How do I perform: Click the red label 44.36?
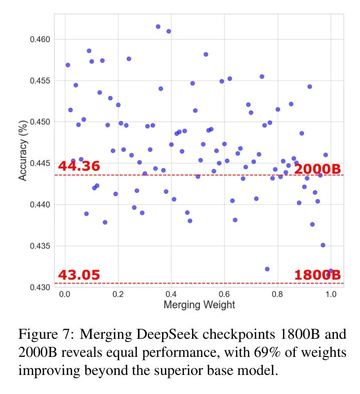click(x=79, y=166)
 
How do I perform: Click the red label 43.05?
click(x=79, y=275)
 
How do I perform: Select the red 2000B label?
click(x=317, y=169)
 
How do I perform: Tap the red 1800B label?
click(x=317, y=275)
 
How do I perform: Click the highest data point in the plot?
click(x=158, y=27)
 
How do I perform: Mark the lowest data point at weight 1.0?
click(x=331, y=271)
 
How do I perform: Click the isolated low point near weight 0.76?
click(x=267, y=269)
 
